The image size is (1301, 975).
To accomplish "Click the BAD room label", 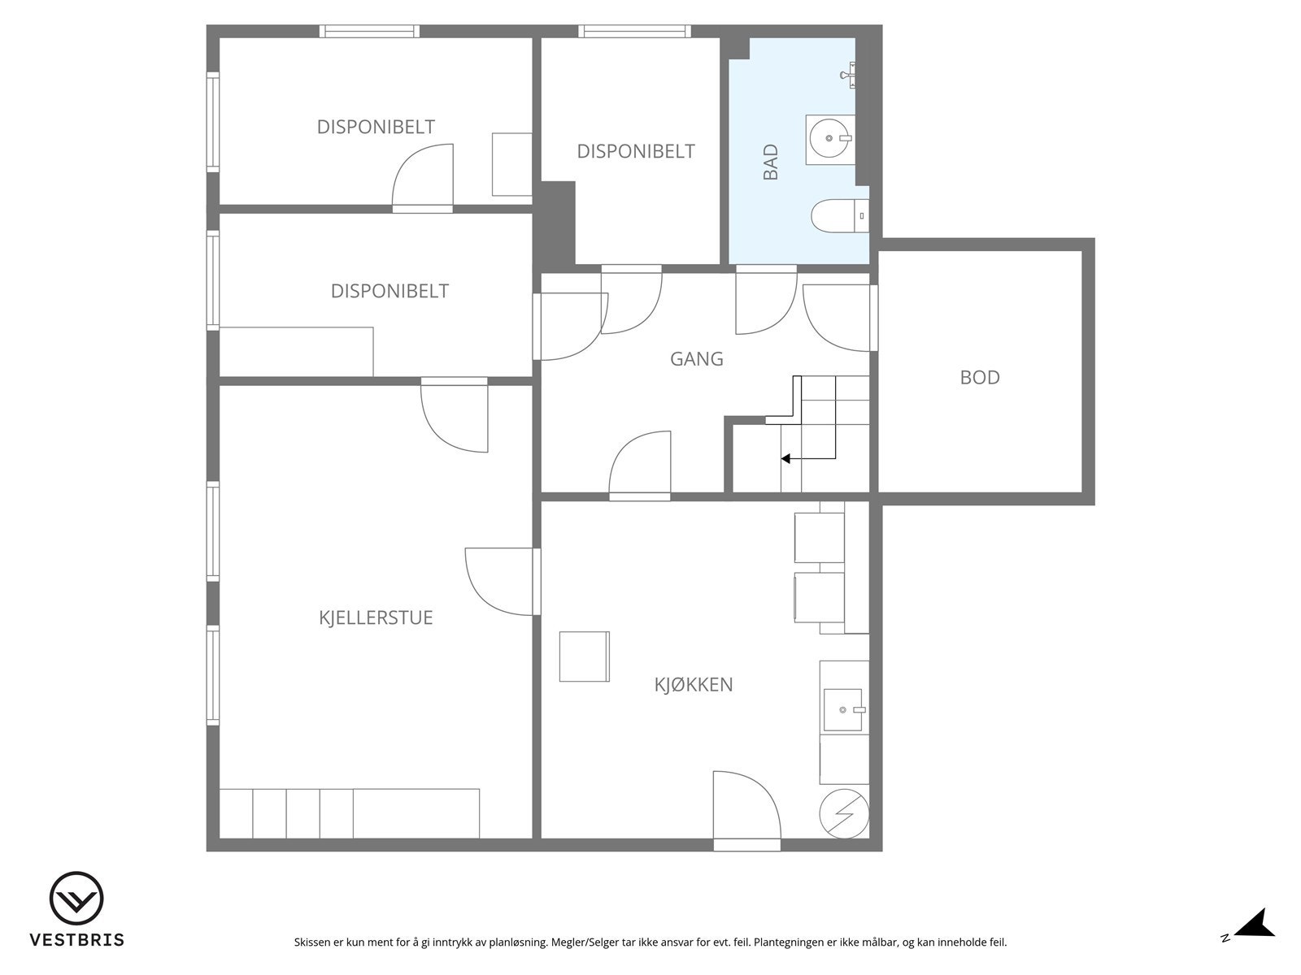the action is click(x=770, y=162).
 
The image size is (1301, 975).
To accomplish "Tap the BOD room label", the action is click(x=980, y=378).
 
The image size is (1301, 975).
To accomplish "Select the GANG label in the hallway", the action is click(x=696, y=359).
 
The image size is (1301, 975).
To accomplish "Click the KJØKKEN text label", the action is click(x=694, y=684).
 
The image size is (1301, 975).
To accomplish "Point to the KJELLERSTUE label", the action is click(x=376, y=617).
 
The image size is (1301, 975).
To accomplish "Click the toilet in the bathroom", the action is click(x=840, y=216).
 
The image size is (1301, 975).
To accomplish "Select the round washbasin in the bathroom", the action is click(x=830, y=138).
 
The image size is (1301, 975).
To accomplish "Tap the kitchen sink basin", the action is click(x=842, y=710).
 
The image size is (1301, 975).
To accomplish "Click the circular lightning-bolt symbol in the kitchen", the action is click(x=844, y=813).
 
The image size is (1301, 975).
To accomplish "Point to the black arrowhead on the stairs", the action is click(x=785, y=458).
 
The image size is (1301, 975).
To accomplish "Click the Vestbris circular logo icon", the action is click(x=76, y=898).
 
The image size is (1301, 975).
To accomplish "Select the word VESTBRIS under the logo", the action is click(x=77, y=939).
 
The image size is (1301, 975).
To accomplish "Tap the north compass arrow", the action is click(x=1256, y=939).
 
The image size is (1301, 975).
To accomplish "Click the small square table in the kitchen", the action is click(x=585, y=656).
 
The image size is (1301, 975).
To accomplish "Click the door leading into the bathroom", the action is click(x=767, y=300).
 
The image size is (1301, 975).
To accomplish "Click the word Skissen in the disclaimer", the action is click(x=311, y=942).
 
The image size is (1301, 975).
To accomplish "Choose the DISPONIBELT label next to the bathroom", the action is click(x=636, y=152).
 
